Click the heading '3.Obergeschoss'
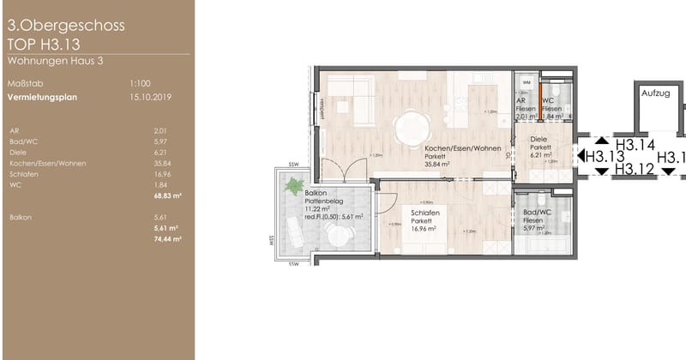pos(65,26)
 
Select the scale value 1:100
pos(140,84)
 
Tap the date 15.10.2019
pos(147,97)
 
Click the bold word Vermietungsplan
pos(41,97)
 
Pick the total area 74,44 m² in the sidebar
pos(153,239)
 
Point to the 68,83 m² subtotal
pos(153,195)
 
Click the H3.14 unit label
pos(635,145)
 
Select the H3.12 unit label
pos(635,169)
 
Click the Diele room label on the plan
pos(538,137)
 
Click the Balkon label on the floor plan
pos(316,193)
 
